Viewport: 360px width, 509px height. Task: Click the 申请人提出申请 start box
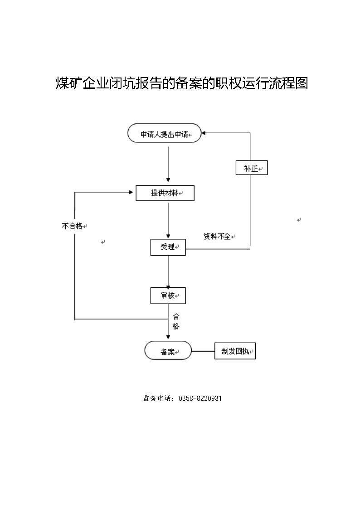(x=165, y=133)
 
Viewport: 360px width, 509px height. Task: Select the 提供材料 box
(x=165, y=193)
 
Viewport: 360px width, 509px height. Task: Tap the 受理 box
(x=168, y=247)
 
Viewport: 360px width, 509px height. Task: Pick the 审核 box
(x=168, y=296)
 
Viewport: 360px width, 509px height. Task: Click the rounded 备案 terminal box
(x=168, y=350)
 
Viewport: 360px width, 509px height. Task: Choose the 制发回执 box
(x=235, y=351)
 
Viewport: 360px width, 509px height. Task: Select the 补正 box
(x=252, y=168)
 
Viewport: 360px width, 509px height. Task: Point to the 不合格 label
(x=72, y=226)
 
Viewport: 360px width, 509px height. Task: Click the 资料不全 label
(x=217, y=236)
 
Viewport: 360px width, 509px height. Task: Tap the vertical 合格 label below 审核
(x=175, y=321)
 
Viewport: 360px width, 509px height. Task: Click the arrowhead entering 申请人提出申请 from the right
(x=204, y=133)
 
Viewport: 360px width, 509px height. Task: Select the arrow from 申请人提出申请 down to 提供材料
(x=168, y=164)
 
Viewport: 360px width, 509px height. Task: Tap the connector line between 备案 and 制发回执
(x=203, y=351)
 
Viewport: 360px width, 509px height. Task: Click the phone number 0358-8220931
(x=200, y=398)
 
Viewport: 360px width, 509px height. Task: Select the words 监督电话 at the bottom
(x=157, y=398)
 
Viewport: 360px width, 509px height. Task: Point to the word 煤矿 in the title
(x=69, y=83)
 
